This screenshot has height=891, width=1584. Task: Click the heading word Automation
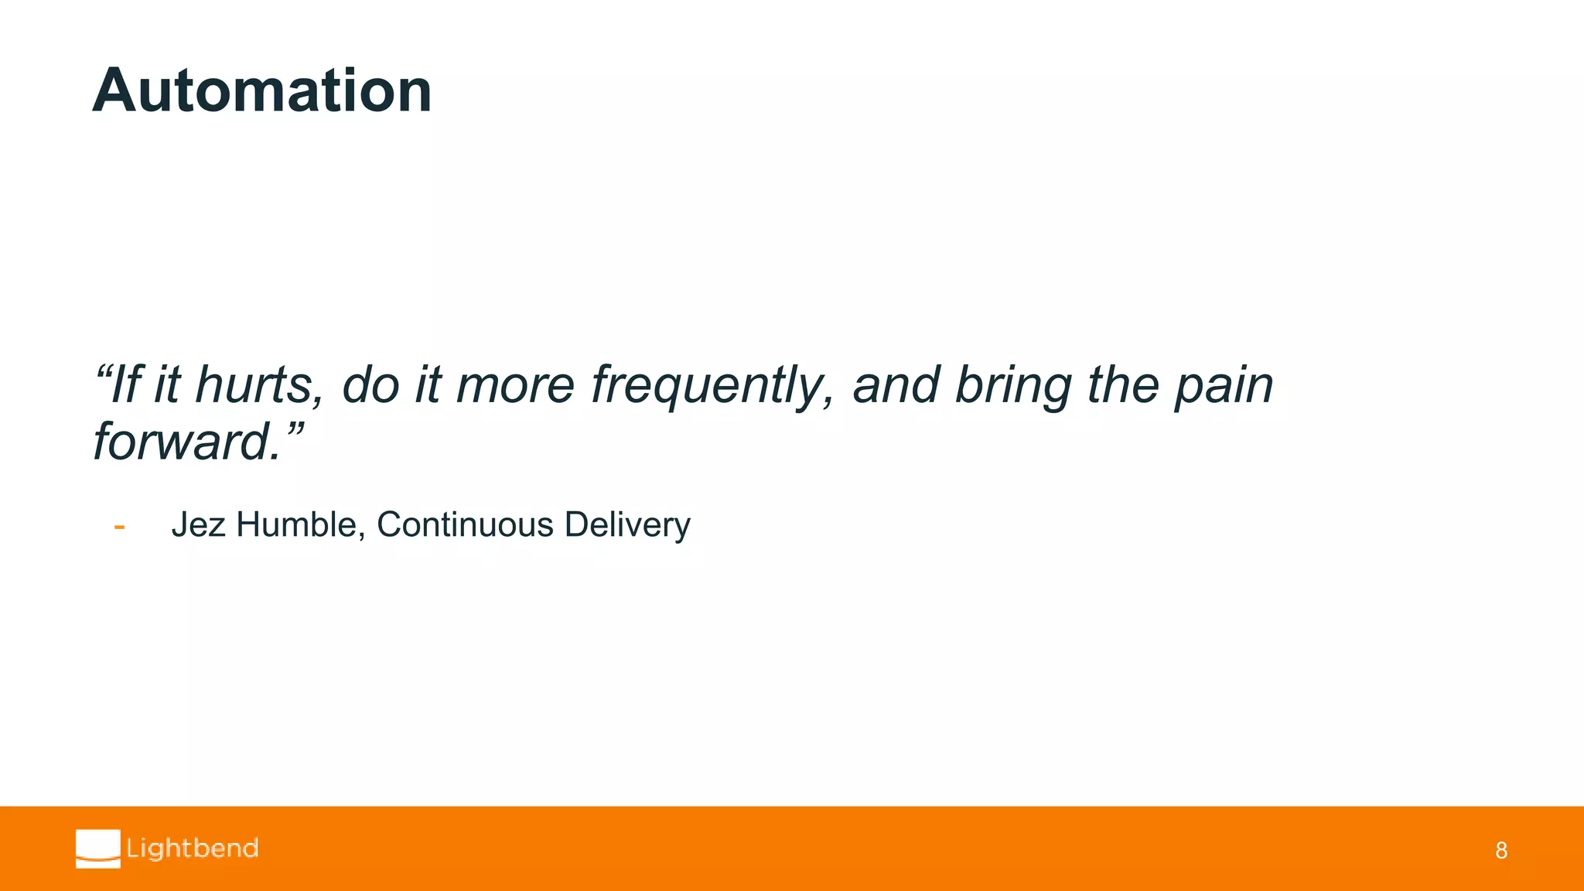[x=261, y=91]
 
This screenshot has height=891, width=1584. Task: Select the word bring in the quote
[x=1013, y=385]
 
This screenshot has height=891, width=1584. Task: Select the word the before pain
[x=1123, y=385]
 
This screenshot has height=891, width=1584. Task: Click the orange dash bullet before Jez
[x=119, y=527]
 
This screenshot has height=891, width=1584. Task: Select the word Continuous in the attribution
[x=465, y=525]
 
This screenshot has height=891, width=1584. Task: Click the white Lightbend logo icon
[x=98, y=848]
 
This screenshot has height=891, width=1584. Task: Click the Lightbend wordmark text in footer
[x=193, y=848]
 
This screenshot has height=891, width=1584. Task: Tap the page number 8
[x=1500, y=851]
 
